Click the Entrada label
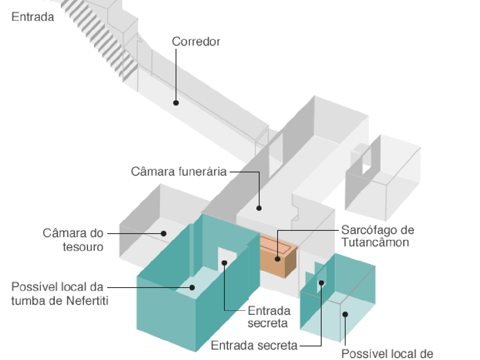(x=33, y=17)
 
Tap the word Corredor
(x=196, y=42)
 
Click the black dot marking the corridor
(x=176, y=103)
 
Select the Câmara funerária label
(x=179, y=172)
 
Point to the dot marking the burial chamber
(x=259, y=208)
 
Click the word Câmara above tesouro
(x=73, y=233)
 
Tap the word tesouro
(x=83, y=247)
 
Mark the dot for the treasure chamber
(x=164, y=233)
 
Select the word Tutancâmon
(x=375, y=243)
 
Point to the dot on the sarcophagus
(x=277, y=259)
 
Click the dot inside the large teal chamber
(x=192, y=287)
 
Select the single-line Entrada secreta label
(x=254, y=346)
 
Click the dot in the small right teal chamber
(x=345, y=314)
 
